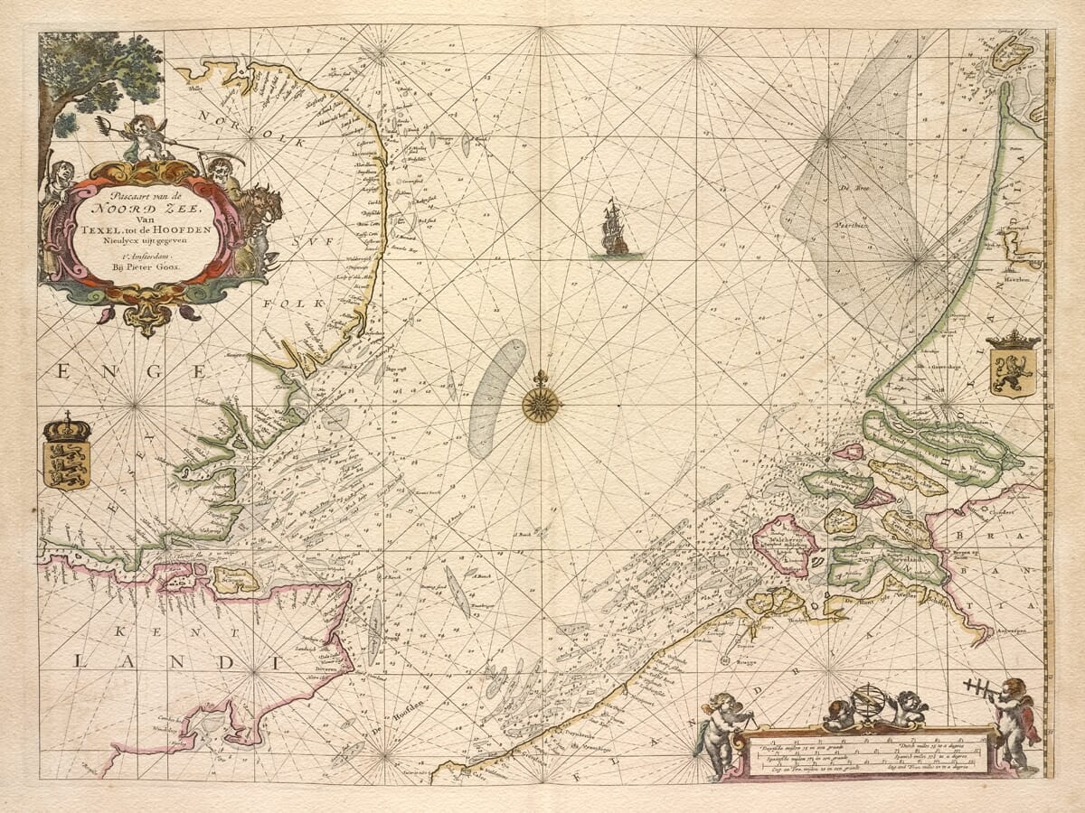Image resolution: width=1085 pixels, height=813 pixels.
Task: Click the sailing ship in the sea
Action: pos(615,229)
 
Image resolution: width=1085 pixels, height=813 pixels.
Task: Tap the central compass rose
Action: pos(541,404)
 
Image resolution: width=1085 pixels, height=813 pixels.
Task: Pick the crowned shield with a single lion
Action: pos(1013,365)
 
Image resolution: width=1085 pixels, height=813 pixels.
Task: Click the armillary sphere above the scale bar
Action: pos(869,704)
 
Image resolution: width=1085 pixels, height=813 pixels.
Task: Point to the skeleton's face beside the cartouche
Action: pos(218,168)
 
